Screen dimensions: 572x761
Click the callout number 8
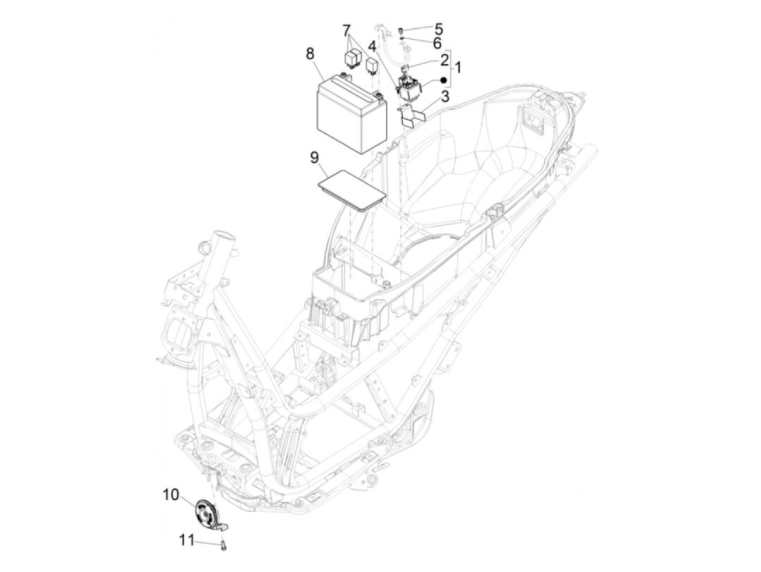[310, 54]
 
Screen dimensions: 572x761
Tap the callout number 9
[314, 158]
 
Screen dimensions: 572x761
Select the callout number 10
[171, 494]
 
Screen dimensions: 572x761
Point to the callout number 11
[187, 540]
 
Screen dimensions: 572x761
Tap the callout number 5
[438, 28]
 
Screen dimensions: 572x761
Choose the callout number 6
[437, 42]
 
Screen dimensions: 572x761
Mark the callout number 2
[444, 59]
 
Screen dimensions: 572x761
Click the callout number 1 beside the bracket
[458, 68]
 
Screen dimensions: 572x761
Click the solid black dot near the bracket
[444, 80]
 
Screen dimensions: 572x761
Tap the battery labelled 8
[351, 115]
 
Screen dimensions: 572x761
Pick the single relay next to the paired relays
[372, 65]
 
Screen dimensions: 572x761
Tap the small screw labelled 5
[401, 29]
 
